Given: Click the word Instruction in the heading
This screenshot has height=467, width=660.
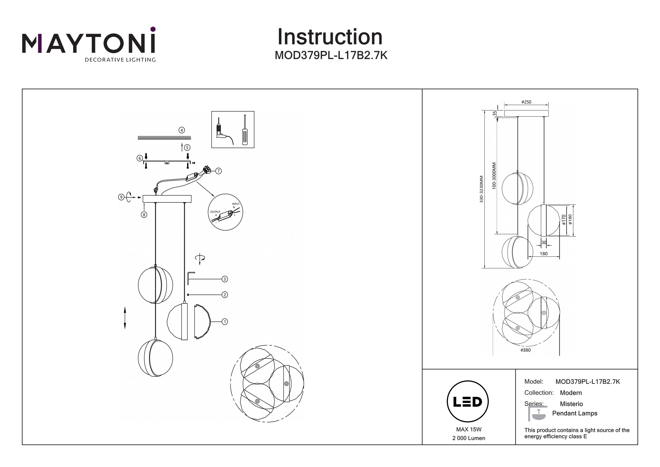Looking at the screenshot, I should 330,37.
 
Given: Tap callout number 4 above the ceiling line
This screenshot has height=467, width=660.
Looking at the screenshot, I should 182,130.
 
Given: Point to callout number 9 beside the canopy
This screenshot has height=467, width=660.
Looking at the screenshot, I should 121,197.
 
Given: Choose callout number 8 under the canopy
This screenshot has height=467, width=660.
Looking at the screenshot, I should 144,214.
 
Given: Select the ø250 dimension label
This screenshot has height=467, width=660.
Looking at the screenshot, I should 526,102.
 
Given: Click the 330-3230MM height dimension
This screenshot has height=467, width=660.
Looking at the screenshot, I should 482,189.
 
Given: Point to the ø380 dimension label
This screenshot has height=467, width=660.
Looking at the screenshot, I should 526,350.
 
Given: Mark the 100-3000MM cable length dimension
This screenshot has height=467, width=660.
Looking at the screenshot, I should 494,176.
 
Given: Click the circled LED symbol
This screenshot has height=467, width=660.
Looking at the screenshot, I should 468,402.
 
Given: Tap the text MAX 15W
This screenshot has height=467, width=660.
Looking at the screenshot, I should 469,430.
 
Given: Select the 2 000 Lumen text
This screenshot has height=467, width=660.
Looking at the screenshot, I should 469,438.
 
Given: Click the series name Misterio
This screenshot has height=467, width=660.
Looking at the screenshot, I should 571,404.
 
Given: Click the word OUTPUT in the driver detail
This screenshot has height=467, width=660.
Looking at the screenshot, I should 215,212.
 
